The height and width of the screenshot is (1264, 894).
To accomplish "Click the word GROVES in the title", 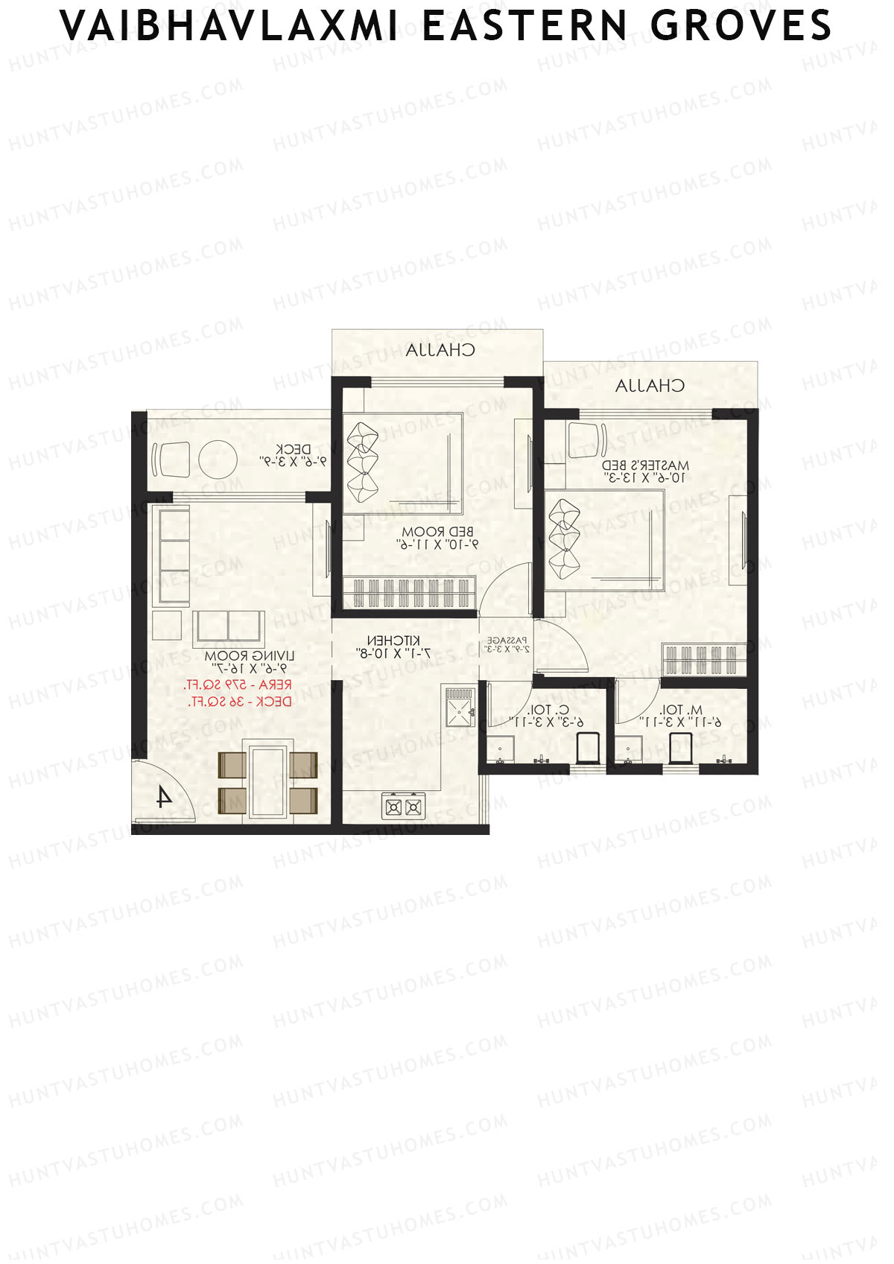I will [x=741, y=27].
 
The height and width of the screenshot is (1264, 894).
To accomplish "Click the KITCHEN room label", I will [x=393, y=641].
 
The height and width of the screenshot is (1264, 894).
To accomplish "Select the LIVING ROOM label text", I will [x=250, y=656].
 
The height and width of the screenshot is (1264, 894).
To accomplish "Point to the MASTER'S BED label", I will [x=646, y=465].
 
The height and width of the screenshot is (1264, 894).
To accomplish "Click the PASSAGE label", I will [x=507, y=641].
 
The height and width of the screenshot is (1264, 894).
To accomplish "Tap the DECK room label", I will [x=293, y=450].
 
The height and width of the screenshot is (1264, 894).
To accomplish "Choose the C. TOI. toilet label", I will [x=548, y=710].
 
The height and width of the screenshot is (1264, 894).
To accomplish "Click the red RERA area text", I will [x=238, y=685].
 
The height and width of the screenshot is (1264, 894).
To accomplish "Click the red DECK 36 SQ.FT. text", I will [x=239, y=702].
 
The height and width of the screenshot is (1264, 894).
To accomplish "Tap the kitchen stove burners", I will [x=402, y=807].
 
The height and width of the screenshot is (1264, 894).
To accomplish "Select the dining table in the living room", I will [x=268, y=780].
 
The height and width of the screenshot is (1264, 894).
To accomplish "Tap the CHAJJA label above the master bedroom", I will [x=650, y=386].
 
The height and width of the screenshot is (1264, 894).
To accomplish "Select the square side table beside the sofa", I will [x=167, y=626].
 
